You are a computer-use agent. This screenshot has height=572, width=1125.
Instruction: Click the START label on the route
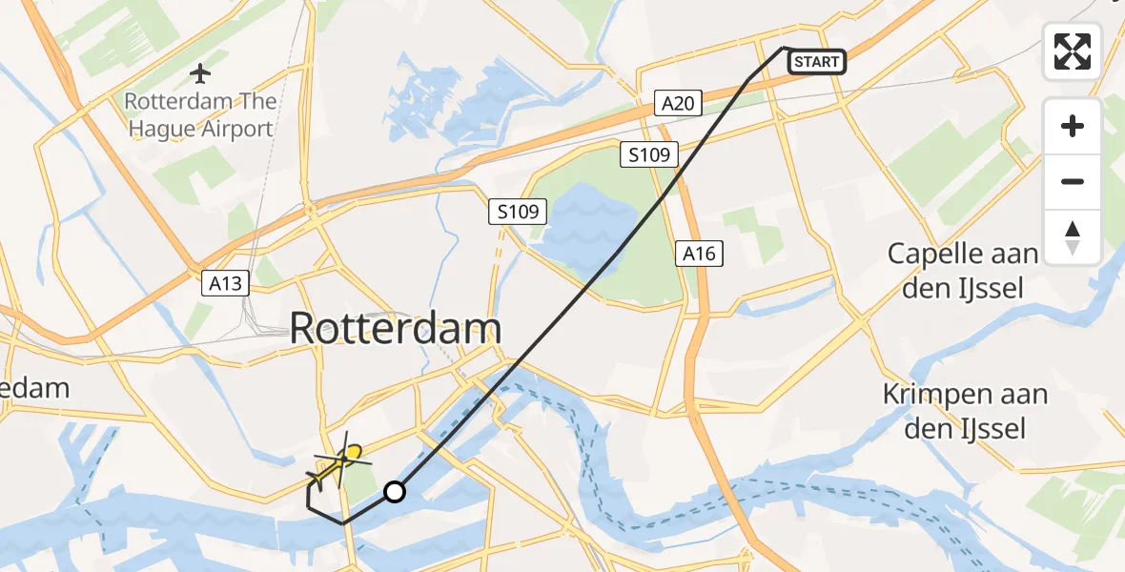tap(817, 63)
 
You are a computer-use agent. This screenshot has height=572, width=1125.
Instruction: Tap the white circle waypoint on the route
tap(395, 492)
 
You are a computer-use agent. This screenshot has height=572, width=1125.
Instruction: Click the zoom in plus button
tap(1073, 126)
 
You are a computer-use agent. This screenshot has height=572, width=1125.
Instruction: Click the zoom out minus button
tap(1073, 181)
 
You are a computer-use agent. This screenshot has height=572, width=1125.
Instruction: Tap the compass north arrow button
tap(1073, 236)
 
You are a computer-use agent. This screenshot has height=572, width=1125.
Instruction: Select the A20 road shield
tap(678, 103)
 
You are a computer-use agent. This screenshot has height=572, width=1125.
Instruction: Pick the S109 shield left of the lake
tap(519, 212)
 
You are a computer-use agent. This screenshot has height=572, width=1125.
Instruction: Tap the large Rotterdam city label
tap(395, 329)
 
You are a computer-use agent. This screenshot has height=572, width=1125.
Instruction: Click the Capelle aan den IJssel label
tap(962, 270)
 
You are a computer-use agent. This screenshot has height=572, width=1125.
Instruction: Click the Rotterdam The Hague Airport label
tap(200, 114)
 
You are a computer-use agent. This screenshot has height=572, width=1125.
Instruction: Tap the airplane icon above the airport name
tap(200, 71)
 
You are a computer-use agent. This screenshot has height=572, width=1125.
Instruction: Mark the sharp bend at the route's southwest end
tap(309, 488)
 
